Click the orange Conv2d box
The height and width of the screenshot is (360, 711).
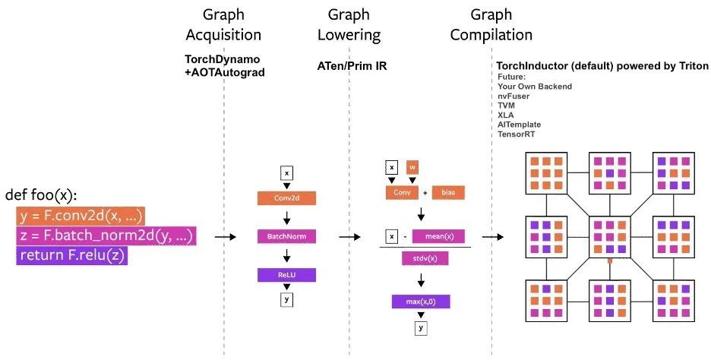coord(286,198)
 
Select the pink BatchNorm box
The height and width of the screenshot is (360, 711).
coord(286,236)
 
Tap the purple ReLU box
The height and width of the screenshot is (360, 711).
coord(286,274)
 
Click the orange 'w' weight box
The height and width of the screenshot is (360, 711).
coord(412,166)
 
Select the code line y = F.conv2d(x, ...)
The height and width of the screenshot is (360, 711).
coord(80,216)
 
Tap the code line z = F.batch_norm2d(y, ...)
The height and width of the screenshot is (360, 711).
coord(106,236)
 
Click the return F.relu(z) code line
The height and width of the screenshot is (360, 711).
coord(71,256)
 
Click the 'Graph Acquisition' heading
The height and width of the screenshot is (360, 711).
coord(223,24)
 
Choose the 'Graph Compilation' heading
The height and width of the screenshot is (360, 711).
coord(491,24)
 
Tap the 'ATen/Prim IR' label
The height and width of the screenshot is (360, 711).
coord(352,66)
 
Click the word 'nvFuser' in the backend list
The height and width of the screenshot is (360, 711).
coord(514,96)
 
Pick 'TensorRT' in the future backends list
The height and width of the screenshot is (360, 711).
coord(517,133)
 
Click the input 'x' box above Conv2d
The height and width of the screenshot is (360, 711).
coord(286,173)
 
